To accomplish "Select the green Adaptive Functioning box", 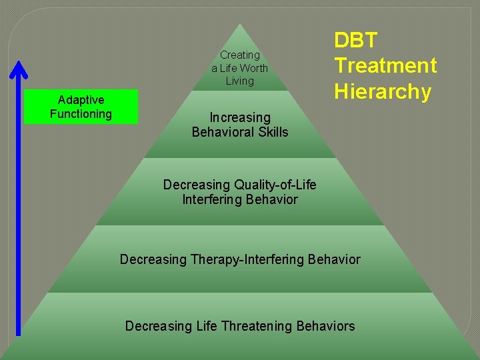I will pos(81,107).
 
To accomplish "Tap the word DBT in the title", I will pos(356,40).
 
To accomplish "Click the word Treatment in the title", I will pos(385,65).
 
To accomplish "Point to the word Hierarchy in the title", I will pos(383,91).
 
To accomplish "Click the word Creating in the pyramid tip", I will pos(240,55).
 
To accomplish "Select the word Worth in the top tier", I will pos(253,68).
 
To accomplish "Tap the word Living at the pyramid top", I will pos(240,81).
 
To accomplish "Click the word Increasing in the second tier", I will pos(240,118).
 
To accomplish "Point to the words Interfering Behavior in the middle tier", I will pos(240,199).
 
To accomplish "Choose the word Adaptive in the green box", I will pos(81,100).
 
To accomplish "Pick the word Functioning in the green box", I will pos(81,114).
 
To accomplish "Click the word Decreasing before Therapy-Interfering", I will pos(153,259).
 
